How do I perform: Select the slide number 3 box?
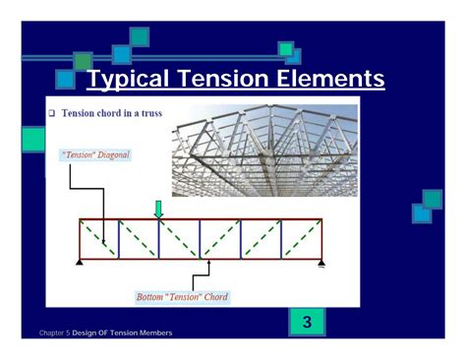click(x=307, y=322)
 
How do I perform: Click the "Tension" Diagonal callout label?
click(x=95, y=154)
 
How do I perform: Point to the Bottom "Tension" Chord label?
click(x=182, y=296)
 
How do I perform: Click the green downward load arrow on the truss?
click(x=157, y=209)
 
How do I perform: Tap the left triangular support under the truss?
click(x=80, y=264)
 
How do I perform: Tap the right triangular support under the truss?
click(x=320, y=264)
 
